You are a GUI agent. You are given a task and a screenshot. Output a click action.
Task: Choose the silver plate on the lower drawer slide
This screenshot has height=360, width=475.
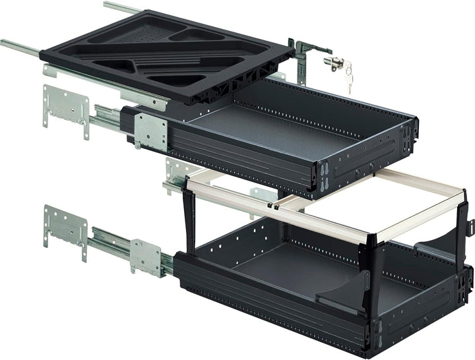[146, 255]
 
